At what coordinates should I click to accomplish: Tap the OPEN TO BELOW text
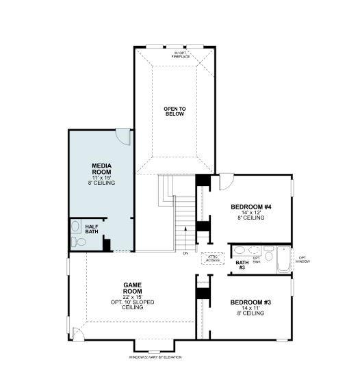point(175,111)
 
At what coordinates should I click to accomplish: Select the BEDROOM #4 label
point(251,207)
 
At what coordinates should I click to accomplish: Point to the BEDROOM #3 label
point(250,302)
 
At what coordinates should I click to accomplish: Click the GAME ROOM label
point(133,288)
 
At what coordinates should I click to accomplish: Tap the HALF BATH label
point(92,229)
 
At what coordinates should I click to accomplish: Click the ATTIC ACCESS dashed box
point(211,259)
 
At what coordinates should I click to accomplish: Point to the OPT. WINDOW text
point(304,259)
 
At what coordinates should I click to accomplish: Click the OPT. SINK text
point(257,259)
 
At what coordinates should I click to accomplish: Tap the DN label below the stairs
point(185,253)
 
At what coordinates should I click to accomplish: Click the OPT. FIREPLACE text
point(181,54)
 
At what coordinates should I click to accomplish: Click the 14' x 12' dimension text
point(251,212)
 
